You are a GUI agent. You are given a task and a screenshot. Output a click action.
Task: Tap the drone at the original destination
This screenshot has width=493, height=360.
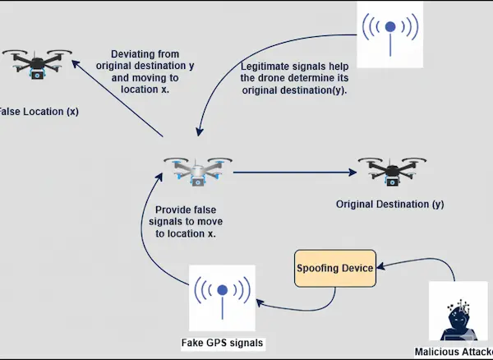[390, 170]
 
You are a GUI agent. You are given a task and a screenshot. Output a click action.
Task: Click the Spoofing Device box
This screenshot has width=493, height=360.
[335, 269]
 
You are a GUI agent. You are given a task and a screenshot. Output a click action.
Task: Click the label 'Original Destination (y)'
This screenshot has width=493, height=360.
[390, 203]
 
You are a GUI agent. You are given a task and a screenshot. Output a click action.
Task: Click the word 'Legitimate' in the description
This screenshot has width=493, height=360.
[269, 65]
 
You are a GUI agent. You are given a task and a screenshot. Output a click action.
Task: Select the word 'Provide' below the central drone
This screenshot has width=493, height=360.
[173, 210]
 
